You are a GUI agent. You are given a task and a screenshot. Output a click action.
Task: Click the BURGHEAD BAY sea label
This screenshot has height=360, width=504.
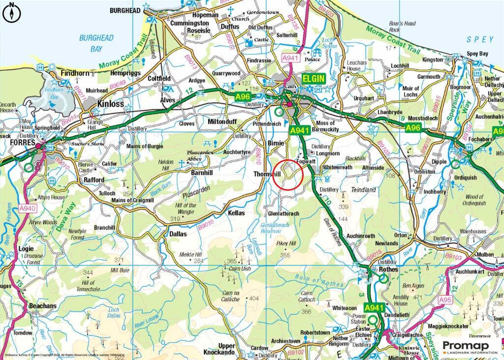tap(96, 43)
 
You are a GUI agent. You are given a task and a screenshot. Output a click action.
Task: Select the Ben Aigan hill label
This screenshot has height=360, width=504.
tap(413, 286)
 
